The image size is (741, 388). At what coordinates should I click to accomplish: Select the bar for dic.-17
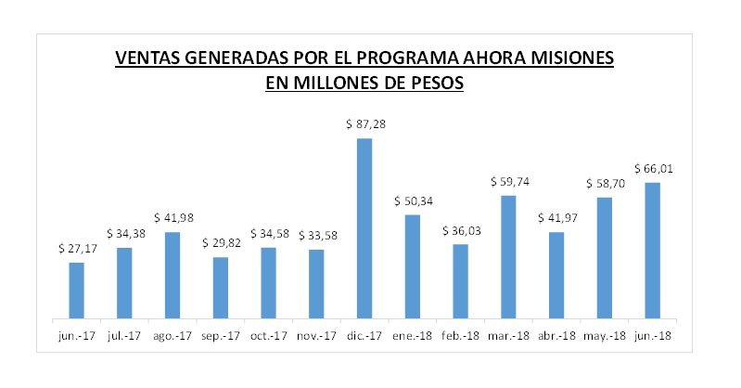pos(364,227)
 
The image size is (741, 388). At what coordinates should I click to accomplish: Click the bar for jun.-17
pos(76,290)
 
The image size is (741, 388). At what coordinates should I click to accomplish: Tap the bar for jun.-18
pos(652,250)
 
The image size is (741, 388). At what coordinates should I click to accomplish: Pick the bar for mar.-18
pos(508,256)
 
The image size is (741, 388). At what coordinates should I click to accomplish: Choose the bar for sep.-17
pos(221,287)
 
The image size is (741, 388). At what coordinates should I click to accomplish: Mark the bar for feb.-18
pos(460,280)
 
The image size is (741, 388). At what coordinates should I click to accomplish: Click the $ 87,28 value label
pos(364,123)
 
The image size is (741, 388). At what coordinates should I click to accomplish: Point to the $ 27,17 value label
pos(76,248)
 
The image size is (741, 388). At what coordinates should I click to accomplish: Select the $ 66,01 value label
pos(652,168)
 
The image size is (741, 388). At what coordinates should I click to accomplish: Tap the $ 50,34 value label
pos(412,200)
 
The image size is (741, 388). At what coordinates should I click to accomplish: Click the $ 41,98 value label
pos(172,217)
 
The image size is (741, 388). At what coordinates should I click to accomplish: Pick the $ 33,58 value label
pos(316,235)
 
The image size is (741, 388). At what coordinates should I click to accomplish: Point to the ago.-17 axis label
pos(172,336)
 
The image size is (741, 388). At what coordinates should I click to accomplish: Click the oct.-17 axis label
pos(268,336)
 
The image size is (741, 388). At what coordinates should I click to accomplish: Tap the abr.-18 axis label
pos(556,336)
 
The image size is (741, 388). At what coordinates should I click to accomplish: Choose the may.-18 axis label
pos(604,336)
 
